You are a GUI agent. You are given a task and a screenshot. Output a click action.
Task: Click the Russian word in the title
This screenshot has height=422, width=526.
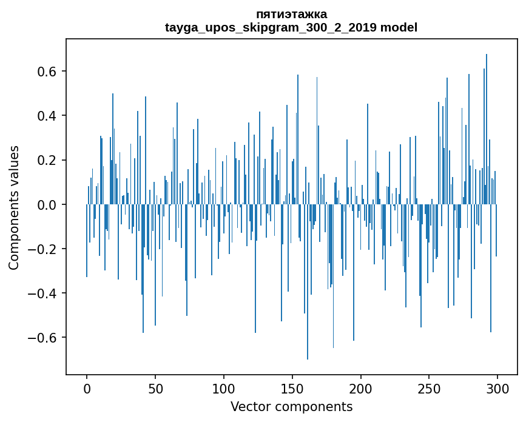291,14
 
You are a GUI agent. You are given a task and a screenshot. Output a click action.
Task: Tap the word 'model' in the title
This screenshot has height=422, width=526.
399,27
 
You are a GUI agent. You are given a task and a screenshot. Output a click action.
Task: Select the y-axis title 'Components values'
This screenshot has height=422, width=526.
13,207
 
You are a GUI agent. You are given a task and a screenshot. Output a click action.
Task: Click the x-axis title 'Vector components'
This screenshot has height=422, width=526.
291,406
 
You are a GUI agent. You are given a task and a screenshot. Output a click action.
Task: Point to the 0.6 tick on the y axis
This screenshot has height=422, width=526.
48,72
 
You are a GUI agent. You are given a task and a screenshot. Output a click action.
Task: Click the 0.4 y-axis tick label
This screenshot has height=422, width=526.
48,116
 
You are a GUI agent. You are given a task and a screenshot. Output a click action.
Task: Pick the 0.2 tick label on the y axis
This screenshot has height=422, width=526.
48,160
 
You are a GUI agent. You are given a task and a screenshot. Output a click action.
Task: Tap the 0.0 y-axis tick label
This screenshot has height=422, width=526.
48,205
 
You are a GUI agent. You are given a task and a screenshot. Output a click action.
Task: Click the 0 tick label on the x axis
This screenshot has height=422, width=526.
87,388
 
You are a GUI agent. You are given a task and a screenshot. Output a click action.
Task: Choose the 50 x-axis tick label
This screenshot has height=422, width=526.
155,388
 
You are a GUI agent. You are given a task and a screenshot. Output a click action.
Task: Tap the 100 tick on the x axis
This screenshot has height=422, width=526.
224,388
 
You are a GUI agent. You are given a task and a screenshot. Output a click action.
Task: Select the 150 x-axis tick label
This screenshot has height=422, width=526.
292,388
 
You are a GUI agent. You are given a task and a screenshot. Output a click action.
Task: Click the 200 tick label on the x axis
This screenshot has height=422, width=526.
361,388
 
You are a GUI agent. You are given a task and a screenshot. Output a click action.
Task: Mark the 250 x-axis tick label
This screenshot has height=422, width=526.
430,388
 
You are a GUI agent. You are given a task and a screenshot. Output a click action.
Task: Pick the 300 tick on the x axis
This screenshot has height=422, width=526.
498,388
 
